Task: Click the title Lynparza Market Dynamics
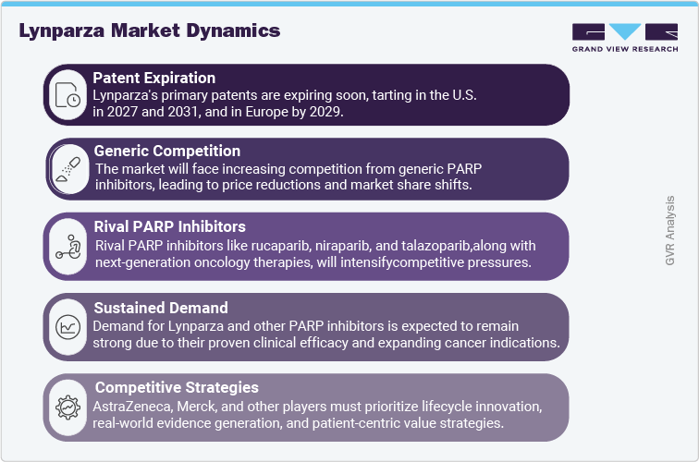point(149,30)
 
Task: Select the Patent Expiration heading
point(154,78)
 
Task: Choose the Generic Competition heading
point(167,151)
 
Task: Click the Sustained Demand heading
point(158,308)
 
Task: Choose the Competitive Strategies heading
point(176,387)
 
